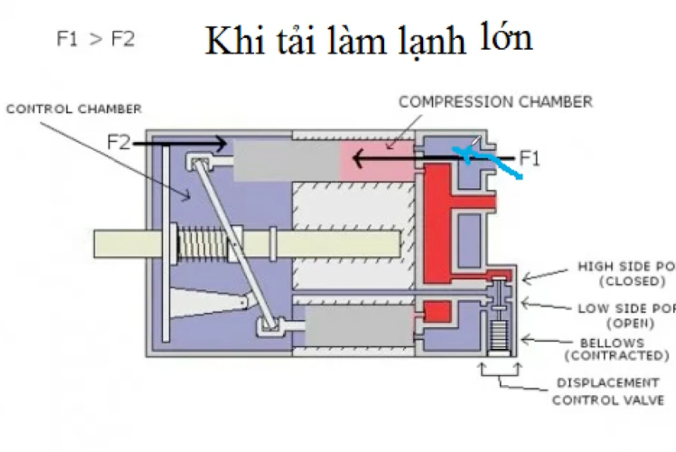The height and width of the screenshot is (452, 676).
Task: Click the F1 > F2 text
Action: click(x=95, y=39)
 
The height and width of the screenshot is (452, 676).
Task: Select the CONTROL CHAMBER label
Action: click(x=74, y=109)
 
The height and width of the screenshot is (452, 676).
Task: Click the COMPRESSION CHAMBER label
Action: click(x=495, y=102)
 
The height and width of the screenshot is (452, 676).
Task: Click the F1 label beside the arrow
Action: click(x=529, y=159)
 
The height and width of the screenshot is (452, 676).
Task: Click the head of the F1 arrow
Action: click(x=358, y=159)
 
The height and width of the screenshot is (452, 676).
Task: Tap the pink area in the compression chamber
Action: click(x=376, y=160)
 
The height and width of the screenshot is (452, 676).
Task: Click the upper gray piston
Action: click(x=286, y=160)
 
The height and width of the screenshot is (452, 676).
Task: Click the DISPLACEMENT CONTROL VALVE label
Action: click(x=607, y=391)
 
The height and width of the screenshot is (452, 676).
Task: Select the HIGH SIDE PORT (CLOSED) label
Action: click(x=627, y=274)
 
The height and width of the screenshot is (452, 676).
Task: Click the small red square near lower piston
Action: click(x=437, y=312)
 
